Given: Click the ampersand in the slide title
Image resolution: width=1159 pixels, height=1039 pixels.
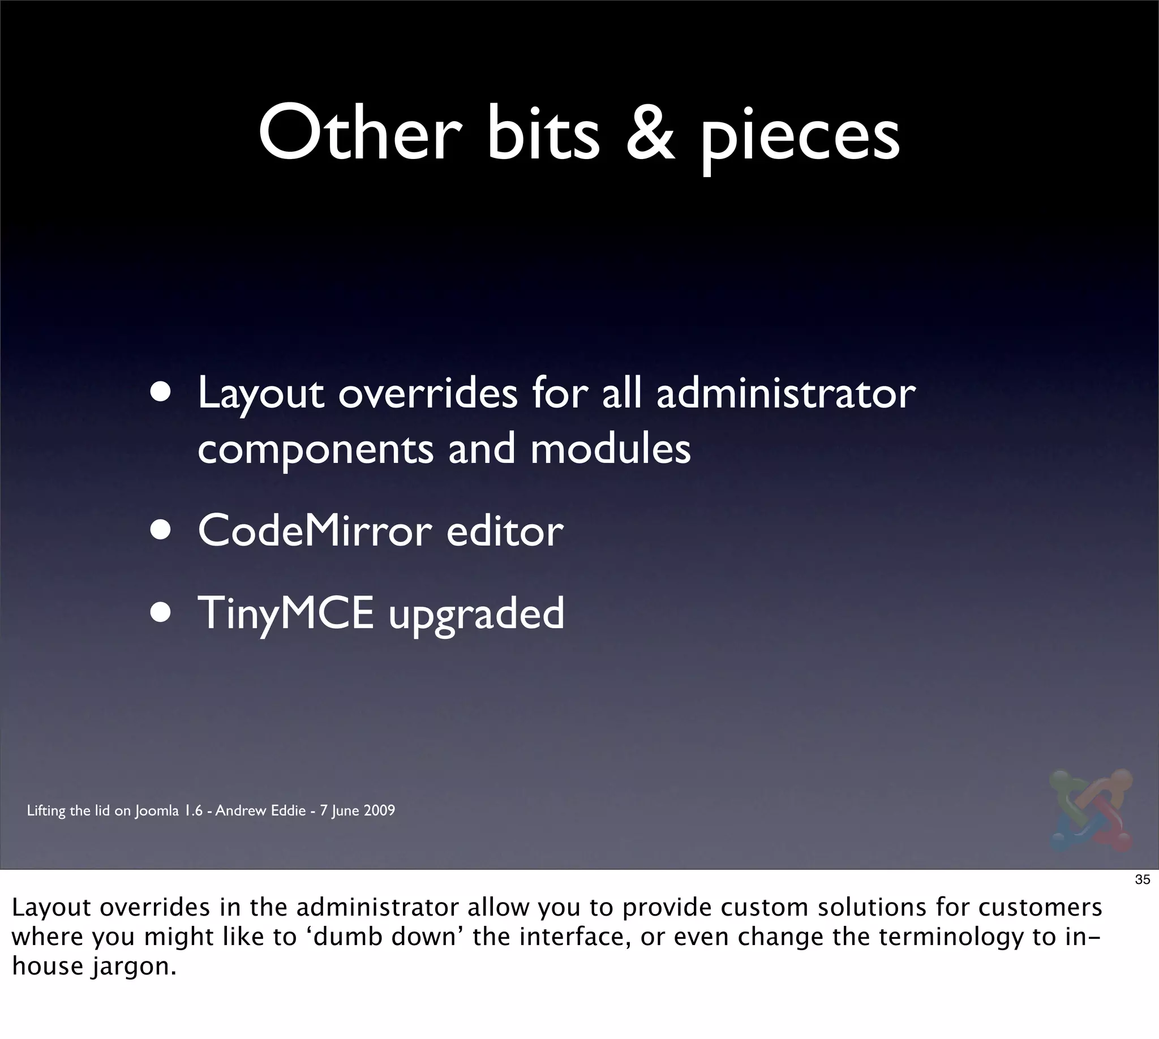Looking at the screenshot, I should tap(650, 135).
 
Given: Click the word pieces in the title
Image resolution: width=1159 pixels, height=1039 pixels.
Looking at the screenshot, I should tap(800, 137).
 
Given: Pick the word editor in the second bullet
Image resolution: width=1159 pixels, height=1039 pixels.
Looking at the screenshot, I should tap(505, 531).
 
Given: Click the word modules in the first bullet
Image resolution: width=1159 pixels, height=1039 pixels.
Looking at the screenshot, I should tap(610, 449).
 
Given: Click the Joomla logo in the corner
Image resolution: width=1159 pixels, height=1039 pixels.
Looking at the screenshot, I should tap(1091, 811).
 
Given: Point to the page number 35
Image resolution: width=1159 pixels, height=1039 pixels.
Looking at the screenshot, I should tap(1142, 880).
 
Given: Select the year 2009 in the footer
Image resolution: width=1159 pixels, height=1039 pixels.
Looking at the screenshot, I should tap(379, 810).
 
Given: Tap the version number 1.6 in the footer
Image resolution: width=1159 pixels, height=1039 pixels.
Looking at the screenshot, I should tap(192, 810).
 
